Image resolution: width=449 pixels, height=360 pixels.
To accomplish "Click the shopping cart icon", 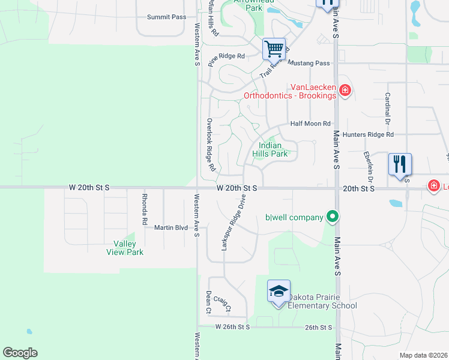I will [x=274, y=49].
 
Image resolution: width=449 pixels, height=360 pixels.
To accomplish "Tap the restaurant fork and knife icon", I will [x=400, y=164].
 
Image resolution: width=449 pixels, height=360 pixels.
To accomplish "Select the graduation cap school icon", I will [x=279, y=292].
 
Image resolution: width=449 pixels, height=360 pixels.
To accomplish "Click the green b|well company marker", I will [x=332, y=217].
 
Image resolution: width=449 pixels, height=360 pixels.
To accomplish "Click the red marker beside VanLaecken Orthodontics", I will [x=345, y=91].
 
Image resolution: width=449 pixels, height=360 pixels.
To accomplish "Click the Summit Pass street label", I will [x=166, y=17].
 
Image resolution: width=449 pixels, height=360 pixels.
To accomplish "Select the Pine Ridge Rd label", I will [x=226, y=56].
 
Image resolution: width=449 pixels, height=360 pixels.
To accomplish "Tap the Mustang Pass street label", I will [x=309, y=63].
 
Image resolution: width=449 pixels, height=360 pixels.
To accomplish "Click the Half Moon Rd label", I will [x=310, y=124].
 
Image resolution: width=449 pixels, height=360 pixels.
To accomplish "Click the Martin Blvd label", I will [x=171, y=227].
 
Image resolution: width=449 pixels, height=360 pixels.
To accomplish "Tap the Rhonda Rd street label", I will [x=145, y=209].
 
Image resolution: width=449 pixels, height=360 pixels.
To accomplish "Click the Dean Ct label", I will [x=208, y=302].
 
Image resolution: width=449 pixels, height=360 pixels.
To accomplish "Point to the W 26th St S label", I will [x=232, y=327].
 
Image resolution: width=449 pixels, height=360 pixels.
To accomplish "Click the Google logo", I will [x=20, y=353].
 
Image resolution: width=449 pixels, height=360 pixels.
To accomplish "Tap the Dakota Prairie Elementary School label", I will [x=322, y=301].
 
